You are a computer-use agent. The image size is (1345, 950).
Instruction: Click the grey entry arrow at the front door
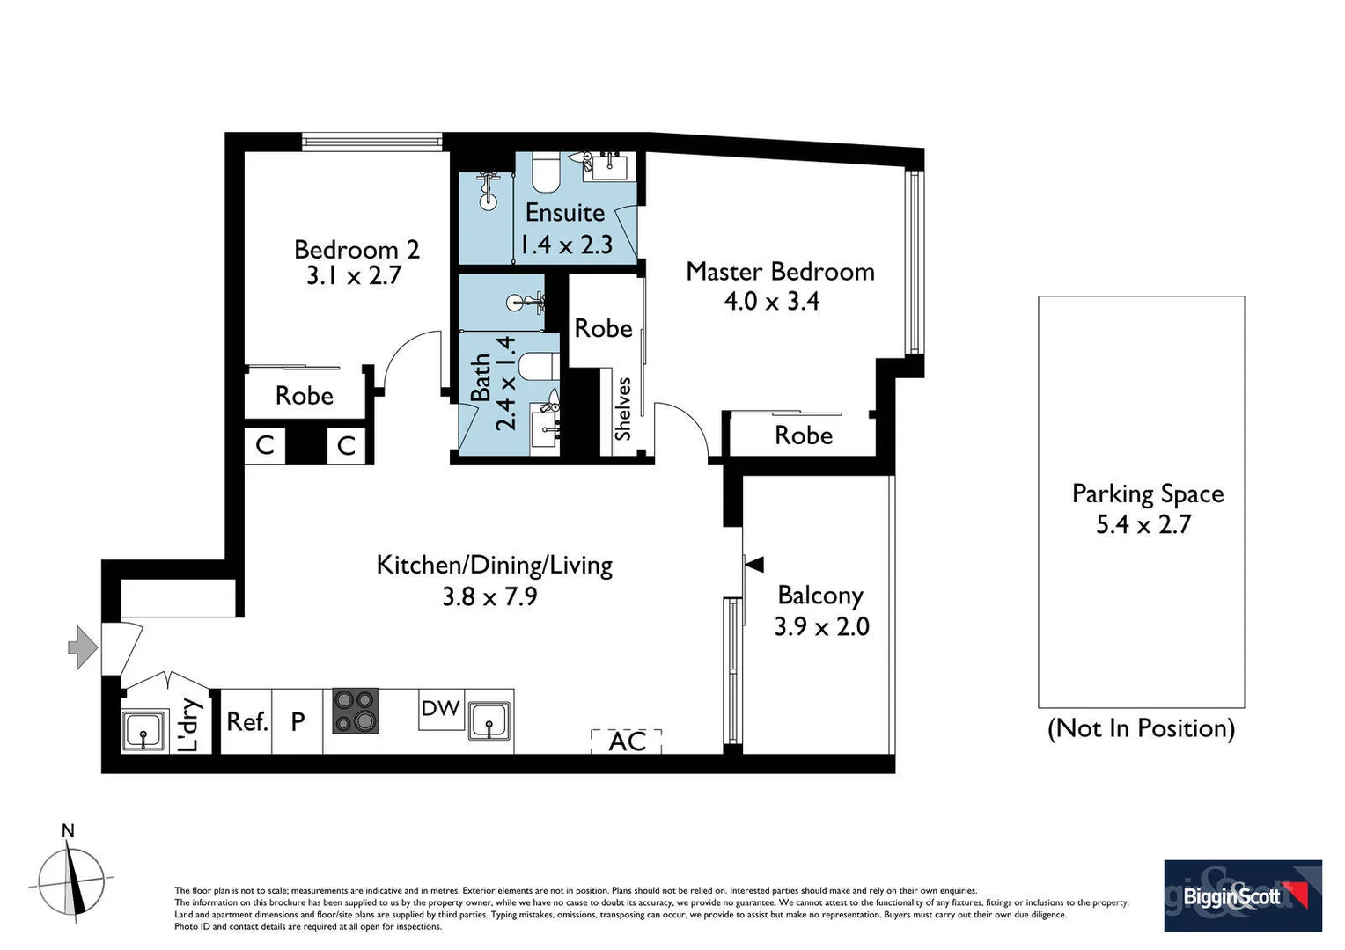tap(83, 647)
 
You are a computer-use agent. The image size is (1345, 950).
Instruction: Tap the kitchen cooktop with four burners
tap(355, 711)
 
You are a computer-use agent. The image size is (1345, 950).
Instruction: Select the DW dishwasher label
tap(440, 708)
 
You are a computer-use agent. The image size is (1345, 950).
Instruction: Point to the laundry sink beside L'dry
tap(143, 731)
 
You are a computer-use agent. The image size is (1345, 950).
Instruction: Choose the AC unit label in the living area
tap(627, 742)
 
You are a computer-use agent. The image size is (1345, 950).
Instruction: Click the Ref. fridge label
tap(246, 722)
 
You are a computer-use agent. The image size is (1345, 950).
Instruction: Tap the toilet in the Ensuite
tap(546, 172)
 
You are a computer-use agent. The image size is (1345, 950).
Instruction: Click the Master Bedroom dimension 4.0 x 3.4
tap(771, 301)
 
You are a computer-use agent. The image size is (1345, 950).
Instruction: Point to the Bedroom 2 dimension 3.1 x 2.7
tap(354, 276)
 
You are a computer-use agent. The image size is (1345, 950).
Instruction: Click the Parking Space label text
tap(1147, 493)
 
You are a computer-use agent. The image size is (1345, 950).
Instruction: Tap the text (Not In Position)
tap(1141, 728)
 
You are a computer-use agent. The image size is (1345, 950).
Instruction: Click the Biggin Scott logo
tap(1242, 895)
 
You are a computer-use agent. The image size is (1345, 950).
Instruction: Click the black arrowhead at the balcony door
tap(753, 564)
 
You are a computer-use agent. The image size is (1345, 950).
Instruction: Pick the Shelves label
tap(623, 409)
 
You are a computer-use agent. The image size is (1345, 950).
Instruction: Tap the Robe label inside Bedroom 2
tap(305, 396)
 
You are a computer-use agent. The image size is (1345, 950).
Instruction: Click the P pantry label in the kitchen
tap(298, 722)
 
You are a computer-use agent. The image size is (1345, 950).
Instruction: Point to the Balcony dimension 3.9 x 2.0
tap(821, 626)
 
